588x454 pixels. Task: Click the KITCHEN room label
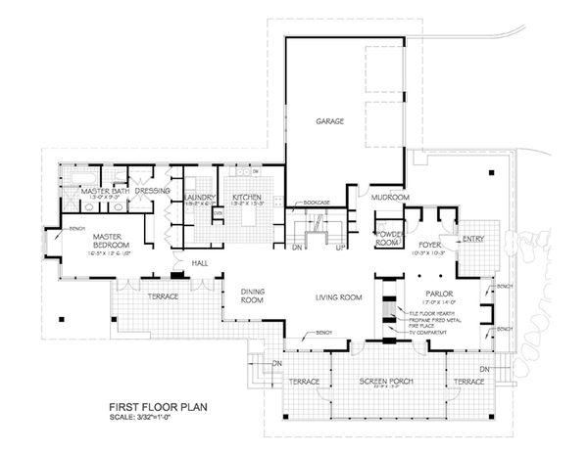(246, 199)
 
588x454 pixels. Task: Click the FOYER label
(431, 246)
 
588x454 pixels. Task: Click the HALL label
(200, 263)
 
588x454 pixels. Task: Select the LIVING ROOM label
(339, 297)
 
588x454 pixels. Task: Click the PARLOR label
(437, 293)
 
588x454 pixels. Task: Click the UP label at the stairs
(339, 249)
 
